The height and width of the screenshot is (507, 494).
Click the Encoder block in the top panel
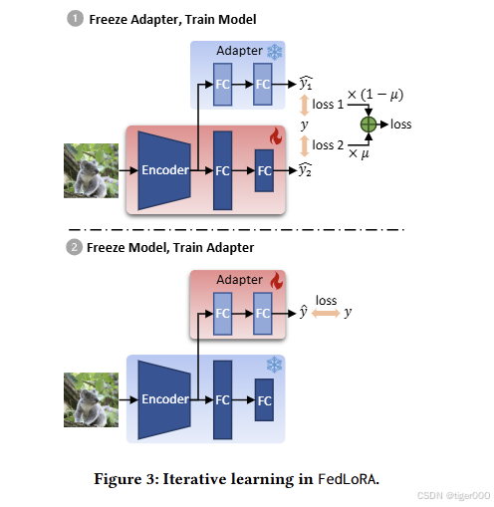pos(164,170)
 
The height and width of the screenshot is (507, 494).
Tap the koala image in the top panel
pos(91,170)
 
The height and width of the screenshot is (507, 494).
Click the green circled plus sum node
pos(369,125)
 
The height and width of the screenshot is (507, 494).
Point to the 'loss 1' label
pos(329,104)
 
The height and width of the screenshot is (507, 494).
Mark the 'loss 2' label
pos(329,145)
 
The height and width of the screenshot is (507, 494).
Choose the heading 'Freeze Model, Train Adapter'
pos(170,247)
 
